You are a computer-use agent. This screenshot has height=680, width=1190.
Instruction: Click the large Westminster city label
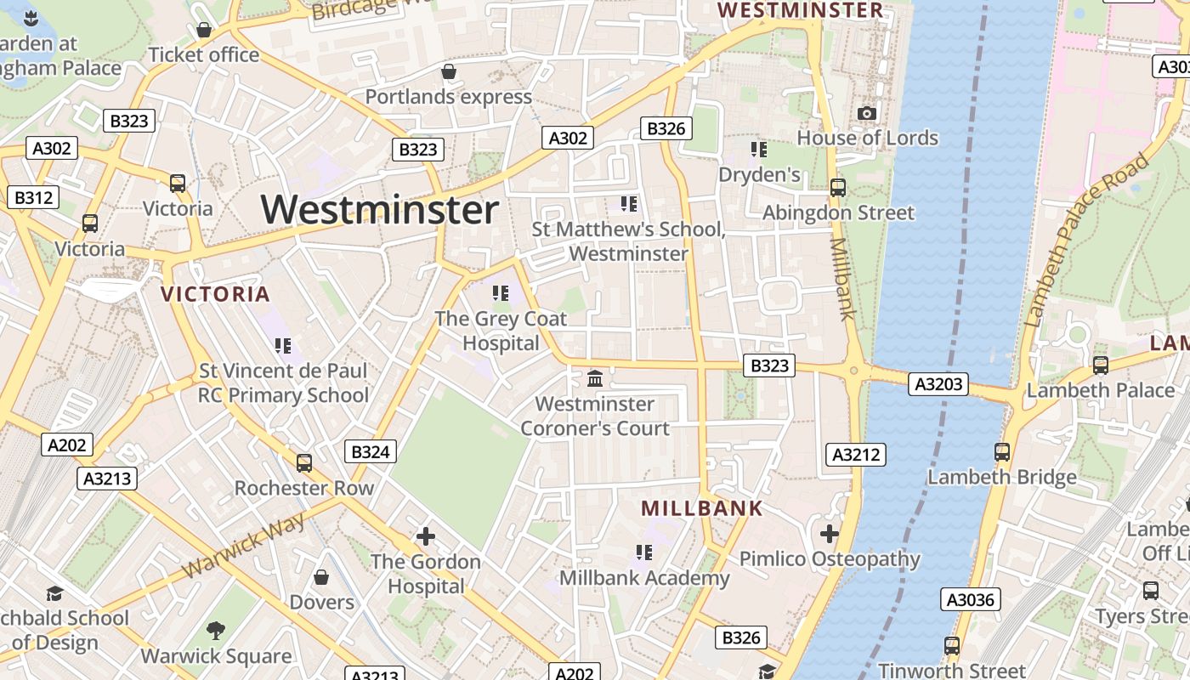pos(379,210)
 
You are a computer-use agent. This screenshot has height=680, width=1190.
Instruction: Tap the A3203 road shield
pos(939,384)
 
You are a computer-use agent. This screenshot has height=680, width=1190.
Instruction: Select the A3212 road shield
pos(856,455)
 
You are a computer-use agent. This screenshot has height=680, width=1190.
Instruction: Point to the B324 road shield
pos(371,451)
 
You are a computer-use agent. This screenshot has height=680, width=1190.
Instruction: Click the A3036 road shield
pos(970,600)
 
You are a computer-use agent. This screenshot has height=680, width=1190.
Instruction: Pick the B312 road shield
pos(33,198)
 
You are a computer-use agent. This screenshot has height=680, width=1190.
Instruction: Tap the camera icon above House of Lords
pos(866,113)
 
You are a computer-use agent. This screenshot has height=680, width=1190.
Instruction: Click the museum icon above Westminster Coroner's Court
pos(595,378)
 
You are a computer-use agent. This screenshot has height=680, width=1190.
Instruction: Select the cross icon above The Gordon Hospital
pos(426,536)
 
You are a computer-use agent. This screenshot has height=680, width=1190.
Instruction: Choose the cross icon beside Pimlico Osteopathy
pos(830,534)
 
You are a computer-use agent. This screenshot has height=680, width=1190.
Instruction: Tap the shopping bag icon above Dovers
pos(321,577)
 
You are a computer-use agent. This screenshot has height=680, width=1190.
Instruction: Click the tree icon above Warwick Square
pos(216,631)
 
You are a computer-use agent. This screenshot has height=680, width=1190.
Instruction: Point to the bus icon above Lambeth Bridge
pos(1002,451)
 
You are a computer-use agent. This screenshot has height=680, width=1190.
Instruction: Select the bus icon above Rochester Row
pos(303,463)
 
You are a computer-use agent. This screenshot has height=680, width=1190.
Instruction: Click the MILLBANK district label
pos(702,509)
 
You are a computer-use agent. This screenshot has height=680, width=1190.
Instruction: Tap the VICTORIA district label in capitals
pos(215,295)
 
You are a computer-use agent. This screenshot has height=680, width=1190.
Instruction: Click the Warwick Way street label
pos(243,545)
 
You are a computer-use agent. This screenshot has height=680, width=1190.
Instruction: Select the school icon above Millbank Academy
pos(644,553)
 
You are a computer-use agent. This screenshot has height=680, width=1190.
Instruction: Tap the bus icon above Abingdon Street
pos(838,187)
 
